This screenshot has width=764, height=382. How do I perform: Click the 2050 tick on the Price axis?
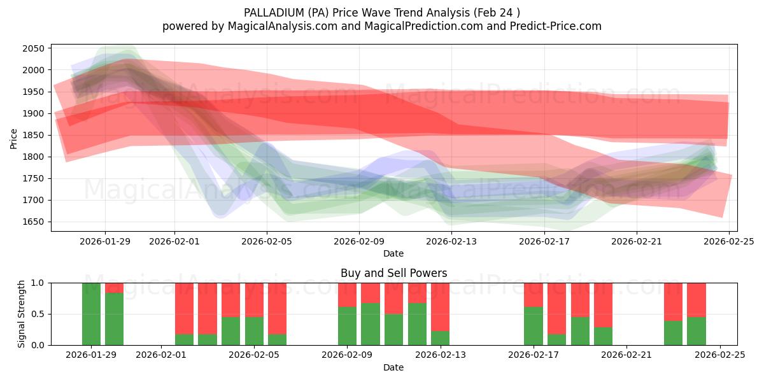coord(35,48)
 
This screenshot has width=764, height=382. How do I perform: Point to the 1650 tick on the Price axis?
coord(35,222)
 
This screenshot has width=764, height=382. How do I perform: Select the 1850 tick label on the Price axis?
coord(35,136)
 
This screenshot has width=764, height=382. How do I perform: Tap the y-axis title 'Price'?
coord(14,138)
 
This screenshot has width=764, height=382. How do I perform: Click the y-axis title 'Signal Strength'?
coord(22,314)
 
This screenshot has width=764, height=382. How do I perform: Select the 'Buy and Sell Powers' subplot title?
coord(393,273)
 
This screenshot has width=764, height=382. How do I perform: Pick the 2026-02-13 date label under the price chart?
coord(451,241)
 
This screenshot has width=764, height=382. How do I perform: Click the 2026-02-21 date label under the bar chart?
coord(626,355)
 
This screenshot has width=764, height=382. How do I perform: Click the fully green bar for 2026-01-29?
coord(91,314)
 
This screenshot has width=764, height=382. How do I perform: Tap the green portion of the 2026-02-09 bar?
coord(347,326)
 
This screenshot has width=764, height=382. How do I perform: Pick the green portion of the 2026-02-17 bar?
coord(534,326)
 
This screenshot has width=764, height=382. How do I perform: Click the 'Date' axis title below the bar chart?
coord(393,367)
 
